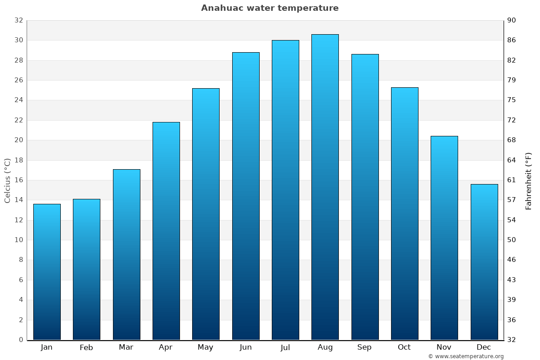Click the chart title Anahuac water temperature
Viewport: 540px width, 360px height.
270,8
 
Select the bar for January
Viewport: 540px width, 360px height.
47,272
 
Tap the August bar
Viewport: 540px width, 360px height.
325,187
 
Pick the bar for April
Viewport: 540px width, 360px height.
166,231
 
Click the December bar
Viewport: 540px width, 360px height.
484,262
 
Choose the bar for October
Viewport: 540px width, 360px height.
405,214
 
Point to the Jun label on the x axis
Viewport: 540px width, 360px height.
246,347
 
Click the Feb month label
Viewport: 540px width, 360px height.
86,347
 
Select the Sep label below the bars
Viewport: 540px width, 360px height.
364,347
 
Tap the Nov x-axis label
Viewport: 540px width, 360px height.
444,347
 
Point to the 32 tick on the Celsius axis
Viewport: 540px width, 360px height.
18,21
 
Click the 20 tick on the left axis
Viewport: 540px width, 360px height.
18,140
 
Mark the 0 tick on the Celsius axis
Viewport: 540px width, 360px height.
21,340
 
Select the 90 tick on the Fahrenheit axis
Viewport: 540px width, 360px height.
512,21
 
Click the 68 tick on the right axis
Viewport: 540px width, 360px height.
512,140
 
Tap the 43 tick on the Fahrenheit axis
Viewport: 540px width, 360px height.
512,280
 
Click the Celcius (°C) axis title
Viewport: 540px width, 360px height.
8,180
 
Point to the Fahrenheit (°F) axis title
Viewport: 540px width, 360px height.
529,180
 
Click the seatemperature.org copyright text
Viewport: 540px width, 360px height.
466,356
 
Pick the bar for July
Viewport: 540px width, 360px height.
285,190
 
